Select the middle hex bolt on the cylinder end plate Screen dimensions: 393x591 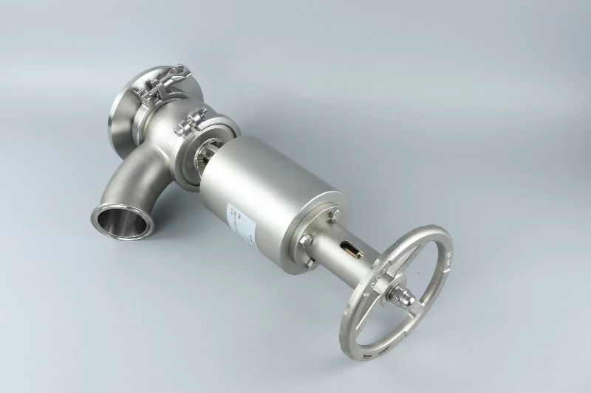pyautogui.click(x=305, y=240)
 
